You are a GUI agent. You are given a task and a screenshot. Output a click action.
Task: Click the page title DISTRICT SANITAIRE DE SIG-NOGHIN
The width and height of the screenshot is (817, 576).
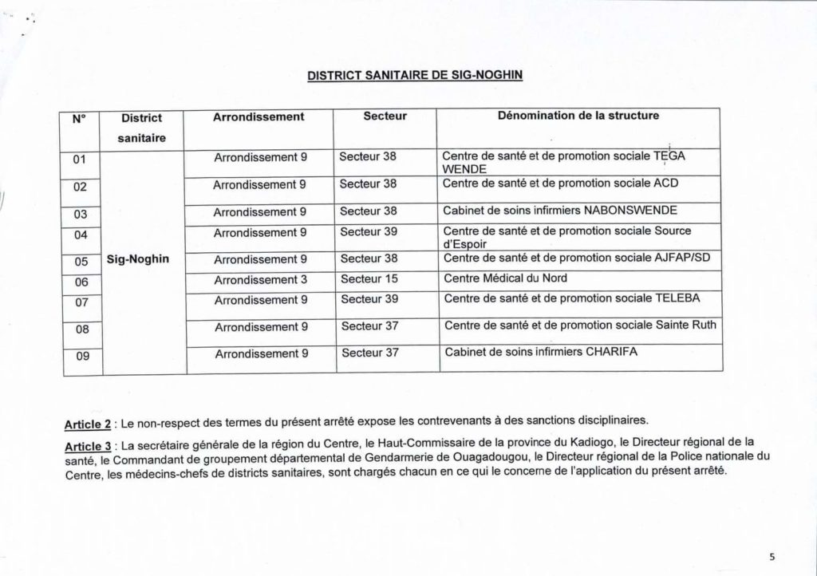point(415,77)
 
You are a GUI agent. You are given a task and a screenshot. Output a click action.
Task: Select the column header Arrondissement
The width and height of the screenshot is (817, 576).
point(259,116)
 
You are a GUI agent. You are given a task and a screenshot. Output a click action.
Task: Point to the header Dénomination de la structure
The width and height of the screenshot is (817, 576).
point(578,116)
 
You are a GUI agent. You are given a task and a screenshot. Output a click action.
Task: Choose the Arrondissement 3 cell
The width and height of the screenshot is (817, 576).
point(260,279)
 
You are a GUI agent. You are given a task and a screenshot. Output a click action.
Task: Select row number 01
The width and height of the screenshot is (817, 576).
point(80,160)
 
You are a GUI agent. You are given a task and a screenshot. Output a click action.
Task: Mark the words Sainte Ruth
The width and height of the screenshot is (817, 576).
point(686,325)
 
